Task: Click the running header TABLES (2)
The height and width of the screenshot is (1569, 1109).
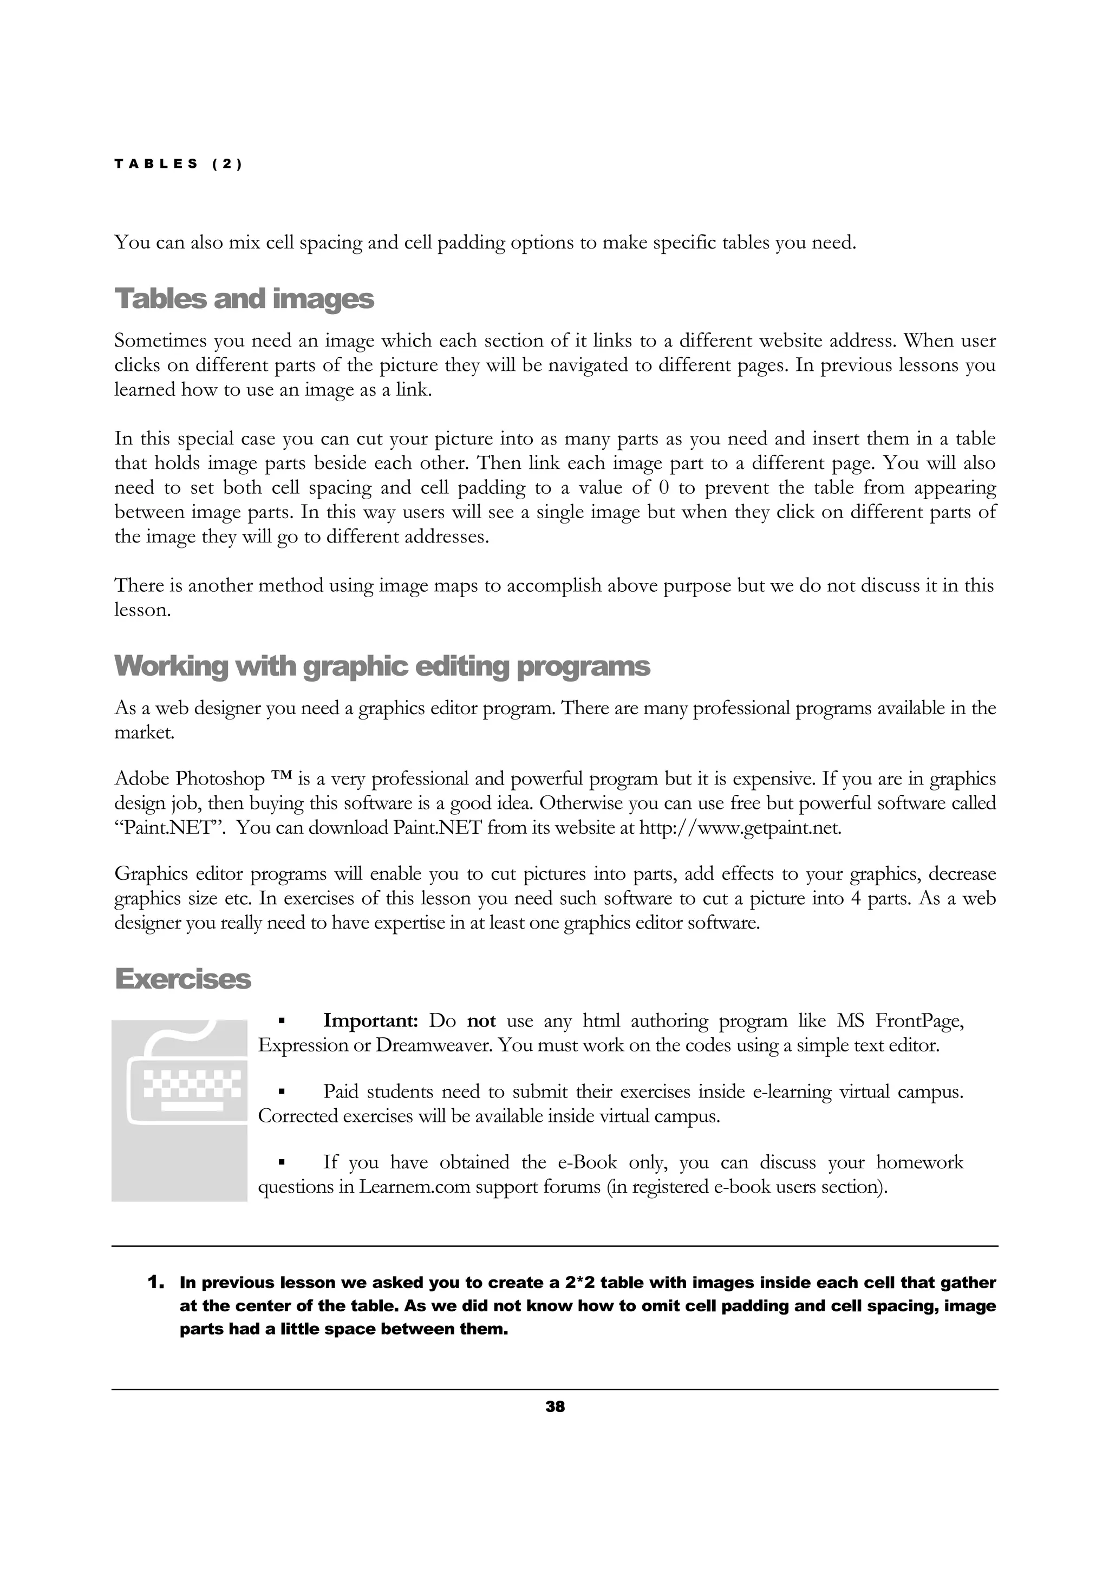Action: click(x=178, y=164)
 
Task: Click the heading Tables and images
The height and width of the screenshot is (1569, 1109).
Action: click(x=244, y=299)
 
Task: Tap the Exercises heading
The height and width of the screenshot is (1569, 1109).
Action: click(x=182, y=978)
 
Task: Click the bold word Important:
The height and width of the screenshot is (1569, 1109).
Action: click(x=370, y=1021)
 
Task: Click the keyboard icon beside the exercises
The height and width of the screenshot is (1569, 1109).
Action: click(x=180, y=1110)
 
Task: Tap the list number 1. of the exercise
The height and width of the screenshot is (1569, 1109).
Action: click(x=156, y=1282)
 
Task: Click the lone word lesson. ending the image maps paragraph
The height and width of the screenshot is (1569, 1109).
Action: click(x=142, y=610)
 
